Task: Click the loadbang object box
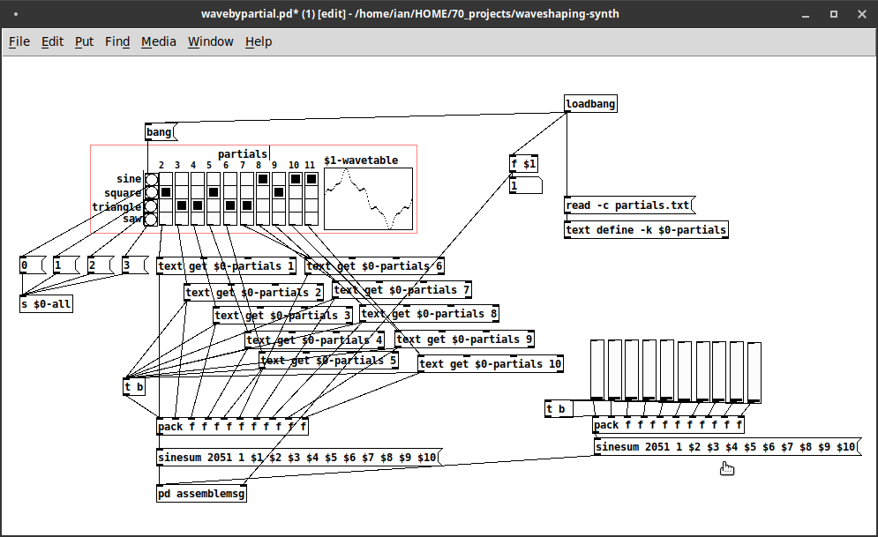tap(590, 103)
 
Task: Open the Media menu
tap(159, 41)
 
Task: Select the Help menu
tap(259, 41)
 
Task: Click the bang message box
tap(161, 132)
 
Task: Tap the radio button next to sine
tap(151, 180)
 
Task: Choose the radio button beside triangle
tap(151, 205)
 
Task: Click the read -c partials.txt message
tap(629, 205)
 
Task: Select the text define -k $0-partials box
tap(646, 230)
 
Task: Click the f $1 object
tap(523, 164)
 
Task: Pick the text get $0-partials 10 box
tap(491, 364)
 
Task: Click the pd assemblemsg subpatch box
tap(201, 494)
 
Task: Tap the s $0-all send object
tap(46, 304)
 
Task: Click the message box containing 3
tap(135, 265)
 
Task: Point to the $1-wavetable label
tap(361, 160)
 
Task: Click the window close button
tap(862, 14)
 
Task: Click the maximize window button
tap(834, 14)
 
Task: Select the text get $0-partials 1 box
tap(226, 266)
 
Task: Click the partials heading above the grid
tap(243, 153)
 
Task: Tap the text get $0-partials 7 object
tap(402, 290)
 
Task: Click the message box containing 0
tap(33, 265)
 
